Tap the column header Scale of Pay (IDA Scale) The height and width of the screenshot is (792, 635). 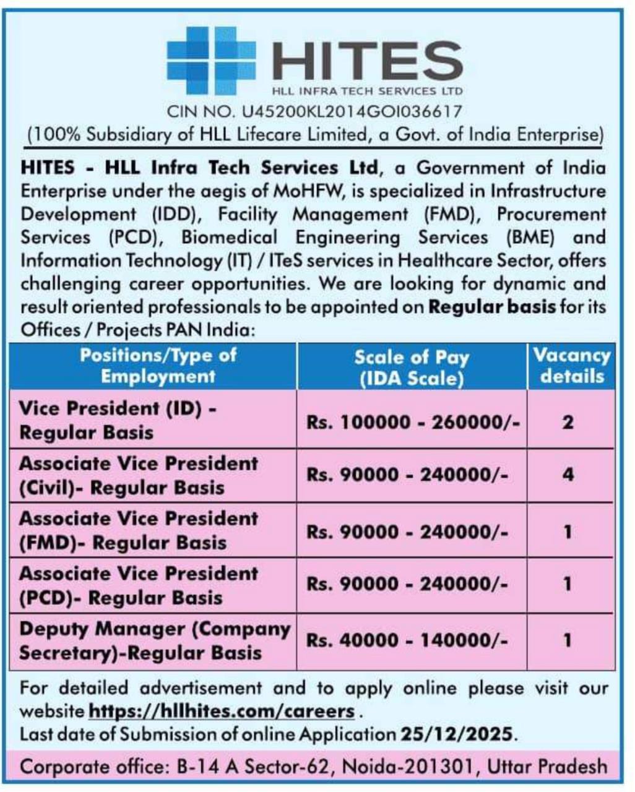(x=412, y=367)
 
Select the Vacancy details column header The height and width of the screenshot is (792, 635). (x=571, y=366)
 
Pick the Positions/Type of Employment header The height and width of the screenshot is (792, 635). (x=158, y=366)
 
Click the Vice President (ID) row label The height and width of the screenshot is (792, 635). (x=117, y=420)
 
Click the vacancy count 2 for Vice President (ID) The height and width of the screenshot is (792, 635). (x=568, y=422)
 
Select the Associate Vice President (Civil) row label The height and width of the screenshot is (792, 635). (x=138, y=475)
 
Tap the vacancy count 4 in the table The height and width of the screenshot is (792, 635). (x=568, y=475)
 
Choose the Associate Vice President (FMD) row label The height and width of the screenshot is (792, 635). (x=138, y=530)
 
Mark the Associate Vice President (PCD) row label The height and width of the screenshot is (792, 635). (x=138, y=585)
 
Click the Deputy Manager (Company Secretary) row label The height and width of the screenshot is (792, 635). (x=153, y=640)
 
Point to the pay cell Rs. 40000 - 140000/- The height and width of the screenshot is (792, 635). (x=407, y=640)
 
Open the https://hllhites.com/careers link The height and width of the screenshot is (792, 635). (x=222, y=711)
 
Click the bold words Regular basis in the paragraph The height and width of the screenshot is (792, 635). (x=492, y=306)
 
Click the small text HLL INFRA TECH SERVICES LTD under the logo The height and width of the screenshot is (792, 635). (x=368, y=92)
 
